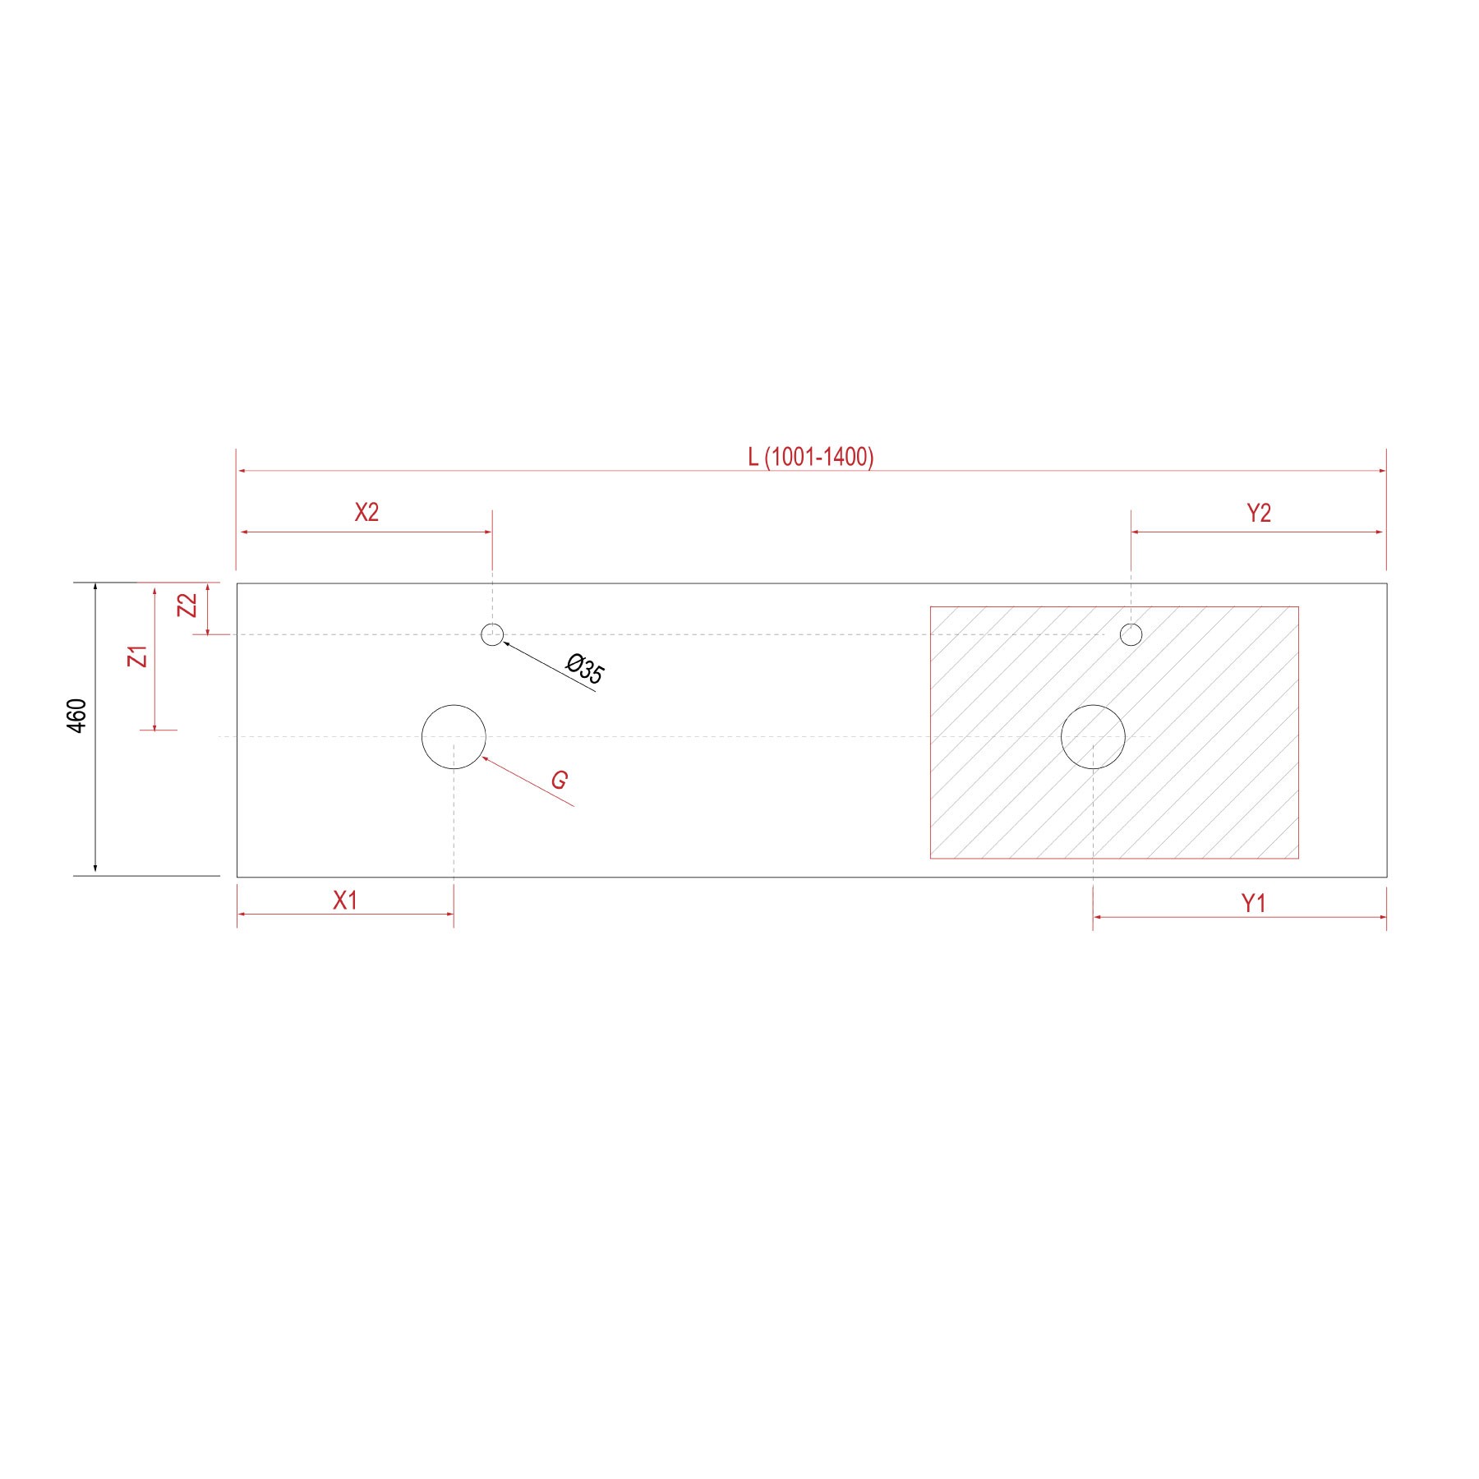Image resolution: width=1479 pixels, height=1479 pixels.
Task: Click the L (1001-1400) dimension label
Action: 811,457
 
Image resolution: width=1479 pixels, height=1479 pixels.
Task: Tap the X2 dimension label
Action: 366,513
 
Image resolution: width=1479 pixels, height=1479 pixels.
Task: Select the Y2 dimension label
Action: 1259,514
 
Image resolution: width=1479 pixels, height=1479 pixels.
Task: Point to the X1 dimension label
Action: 345,901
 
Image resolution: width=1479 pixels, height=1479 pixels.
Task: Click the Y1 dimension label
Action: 1253,904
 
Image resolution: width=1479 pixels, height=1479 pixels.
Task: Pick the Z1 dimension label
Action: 140,657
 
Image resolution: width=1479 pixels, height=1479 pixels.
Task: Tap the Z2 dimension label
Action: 189,606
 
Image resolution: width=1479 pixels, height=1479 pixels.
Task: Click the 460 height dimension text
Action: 76,716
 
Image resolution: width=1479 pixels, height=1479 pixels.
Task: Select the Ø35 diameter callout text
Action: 586,669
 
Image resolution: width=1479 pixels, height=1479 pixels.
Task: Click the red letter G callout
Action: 560,780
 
